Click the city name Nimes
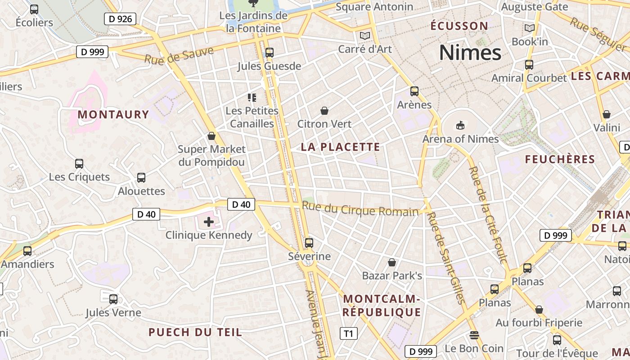(x=470, y=53)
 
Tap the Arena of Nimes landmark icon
(x=460, y=125)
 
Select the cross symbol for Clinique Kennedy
(x=209, y=221)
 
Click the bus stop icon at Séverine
(x=309, y=243)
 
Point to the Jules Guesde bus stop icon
(x=269, y=52)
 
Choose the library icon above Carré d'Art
(x=364, y=36)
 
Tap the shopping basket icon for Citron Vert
(x=324, y=111)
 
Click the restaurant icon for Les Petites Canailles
(x=252, y=97)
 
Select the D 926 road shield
(x=120, y=19)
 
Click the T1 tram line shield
(x=348, y=333)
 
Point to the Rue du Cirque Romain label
(x=360, y=209)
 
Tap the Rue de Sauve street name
(x=179, y=55)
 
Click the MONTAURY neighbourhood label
(x=113, y=114)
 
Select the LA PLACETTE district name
(x=340, y=147)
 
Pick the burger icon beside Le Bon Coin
(x=474, y=335)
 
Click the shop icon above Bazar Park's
(x=392, y=262)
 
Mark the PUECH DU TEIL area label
(x=195, y=333)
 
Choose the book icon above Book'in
(x=530, y=28)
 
